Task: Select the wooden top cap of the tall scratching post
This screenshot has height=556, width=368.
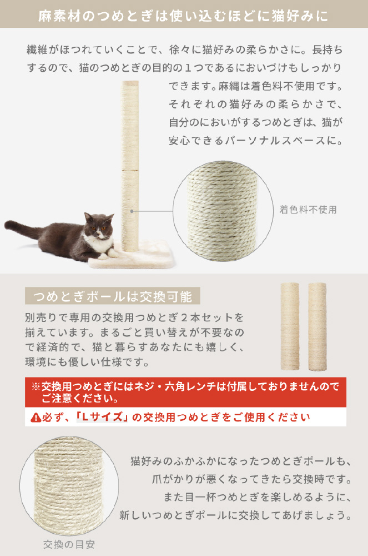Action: point(130,83)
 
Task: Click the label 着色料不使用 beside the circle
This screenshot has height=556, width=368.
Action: point(308,210)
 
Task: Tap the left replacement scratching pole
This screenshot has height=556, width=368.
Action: point(290,326)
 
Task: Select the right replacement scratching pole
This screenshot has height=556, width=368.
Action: point(317,326)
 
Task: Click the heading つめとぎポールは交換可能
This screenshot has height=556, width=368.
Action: point(113,296)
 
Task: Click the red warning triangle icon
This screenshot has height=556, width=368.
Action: point(36,418)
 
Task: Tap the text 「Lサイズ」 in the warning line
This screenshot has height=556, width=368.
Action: point(102,417)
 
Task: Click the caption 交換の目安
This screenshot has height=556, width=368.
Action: point(69,544)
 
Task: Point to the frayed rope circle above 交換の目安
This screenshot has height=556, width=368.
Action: point(69,486)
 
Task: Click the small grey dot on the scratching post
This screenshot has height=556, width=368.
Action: point(132,211)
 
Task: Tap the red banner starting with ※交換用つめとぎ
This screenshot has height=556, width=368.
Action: point(185,392)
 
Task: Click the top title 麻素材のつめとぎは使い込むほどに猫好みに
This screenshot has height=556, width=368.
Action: point(183,16)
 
